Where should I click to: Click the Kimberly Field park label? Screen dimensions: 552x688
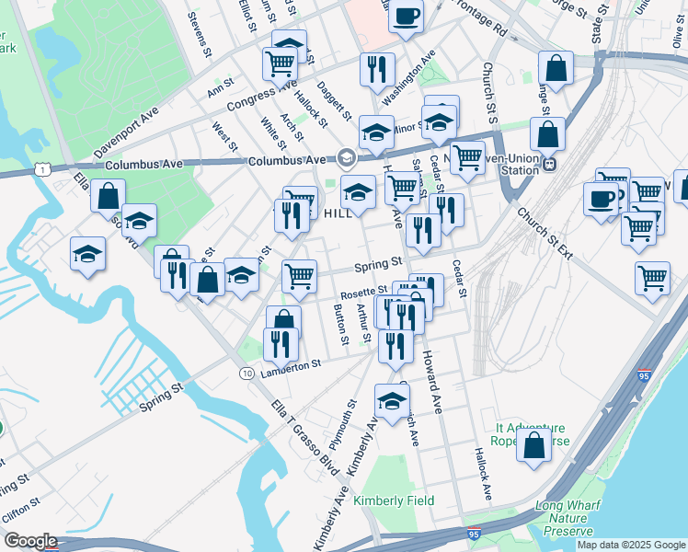pos(395,500)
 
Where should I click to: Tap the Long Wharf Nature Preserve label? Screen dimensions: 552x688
pos(575,518)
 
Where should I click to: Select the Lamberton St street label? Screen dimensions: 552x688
pos(290,364)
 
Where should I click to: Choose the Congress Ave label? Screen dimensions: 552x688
pos(237,98)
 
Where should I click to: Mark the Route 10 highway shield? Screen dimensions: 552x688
pos(247,374)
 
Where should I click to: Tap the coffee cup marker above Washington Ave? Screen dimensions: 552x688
pos(406,17)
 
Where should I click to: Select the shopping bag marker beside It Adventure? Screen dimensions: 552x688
pos(533,444)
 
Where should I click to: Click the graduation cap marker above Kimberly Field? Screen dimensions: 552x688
pos(392,399)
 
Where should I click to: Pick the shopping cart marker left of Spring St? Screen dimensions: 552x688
pos(299,275)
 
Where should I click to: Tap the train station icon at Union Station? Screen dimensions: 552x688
pos(549,164)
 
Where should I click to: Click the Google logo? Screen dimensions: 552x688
pos(30,540)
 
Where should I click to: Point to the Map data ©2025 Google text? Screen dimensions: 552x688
pos(630,545)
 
